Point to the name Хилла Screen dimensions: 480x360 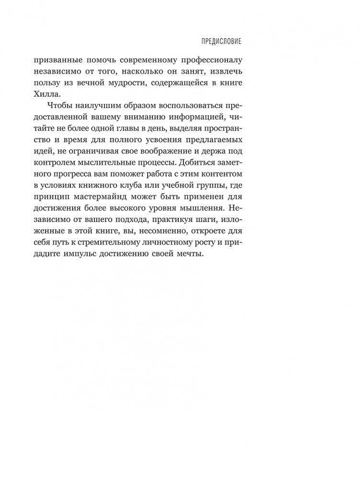tap(70, 95)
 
